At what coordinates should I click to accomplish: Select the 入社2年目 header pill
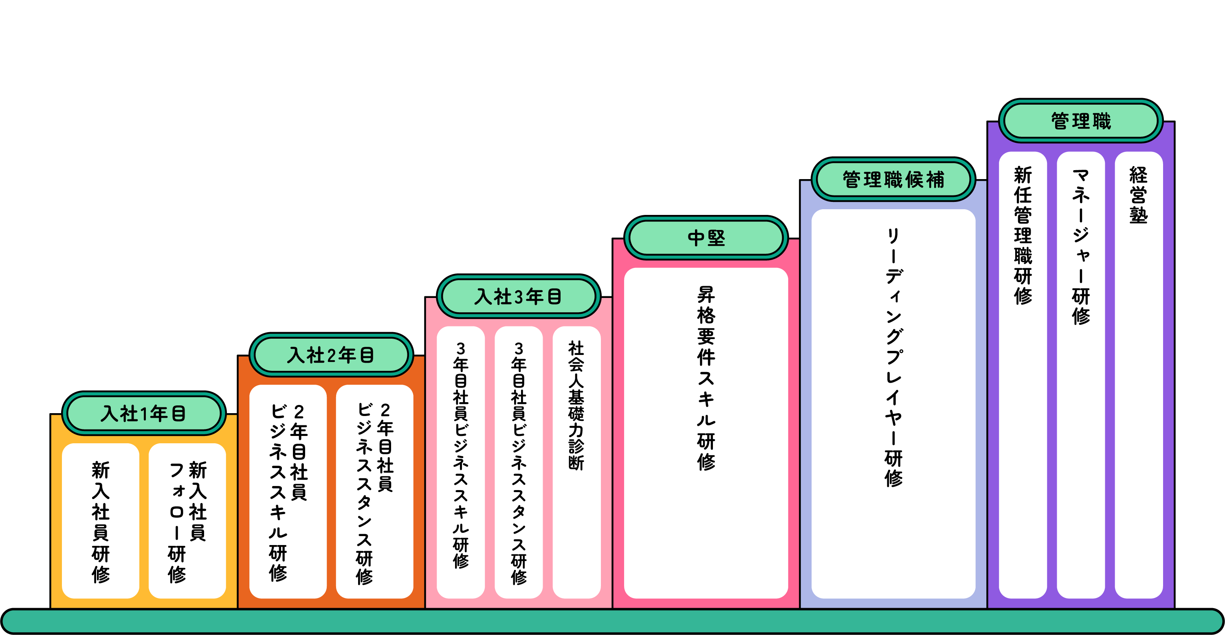[x=330, y=355]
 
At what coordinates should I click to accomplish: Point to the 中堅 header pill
[x=706, y=238]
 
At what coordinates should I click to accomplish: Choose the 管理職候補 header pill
[x=893, y=180]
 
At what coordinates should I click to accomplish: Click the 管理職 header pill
[x=1080, y=121]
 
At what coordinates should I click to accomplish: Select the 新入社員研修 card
[x=100, y=521]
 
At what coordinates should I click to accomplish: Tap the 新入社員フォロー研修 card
[x=187, y=521]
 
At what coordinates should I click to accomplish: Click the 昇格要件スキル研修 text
[x=706, y=378]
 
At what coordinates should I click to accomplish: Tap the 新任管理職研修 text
[x=1023, y=235]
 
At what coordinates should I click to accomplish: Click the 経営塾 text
[x=1139, y=195]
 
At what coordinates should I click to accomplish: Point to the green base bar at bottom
[x=613, y=621]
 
